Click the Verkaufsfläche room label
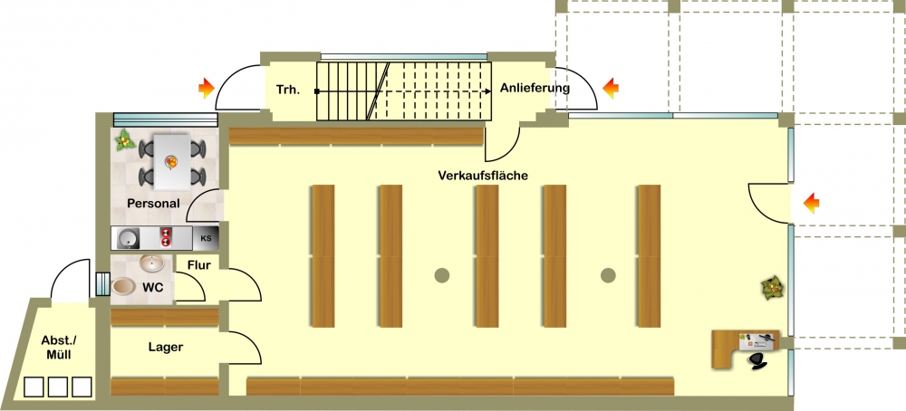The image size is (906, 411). (483, 175)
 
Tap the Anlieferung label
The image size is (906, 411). (535, 89)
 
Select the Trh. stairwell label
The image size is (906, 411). (288, 90)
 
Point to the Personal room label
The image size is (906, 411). (154, 203)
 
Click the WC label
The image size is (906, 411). (152, 287)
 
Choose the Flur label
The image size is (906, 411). (199, 265)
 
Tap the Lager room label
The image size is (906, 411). (166, 347)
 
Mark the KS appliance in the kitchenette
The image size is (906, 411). (205, 238)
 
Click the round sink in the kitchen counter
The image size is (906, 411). (128, 238)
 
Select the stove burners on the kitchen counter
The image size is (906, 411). (167, 238)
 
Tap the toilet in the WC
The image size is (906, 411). (123, 286)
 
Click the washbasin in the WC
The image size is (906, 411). (152, 263)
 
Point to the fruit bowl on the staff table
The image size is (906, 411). (171, 162)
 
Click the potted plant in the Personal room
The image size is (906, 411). (124, 140)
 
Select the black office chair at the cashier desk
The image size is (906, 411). (757, 360)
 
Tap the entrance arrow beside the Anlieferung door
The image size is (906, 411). (611, 89)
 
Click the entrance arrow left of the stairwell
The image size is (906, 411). (207, 89)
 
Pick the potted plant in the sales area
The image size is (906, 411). (773, 288)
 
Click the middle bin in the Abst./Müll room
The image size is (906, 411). (58, 387)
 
